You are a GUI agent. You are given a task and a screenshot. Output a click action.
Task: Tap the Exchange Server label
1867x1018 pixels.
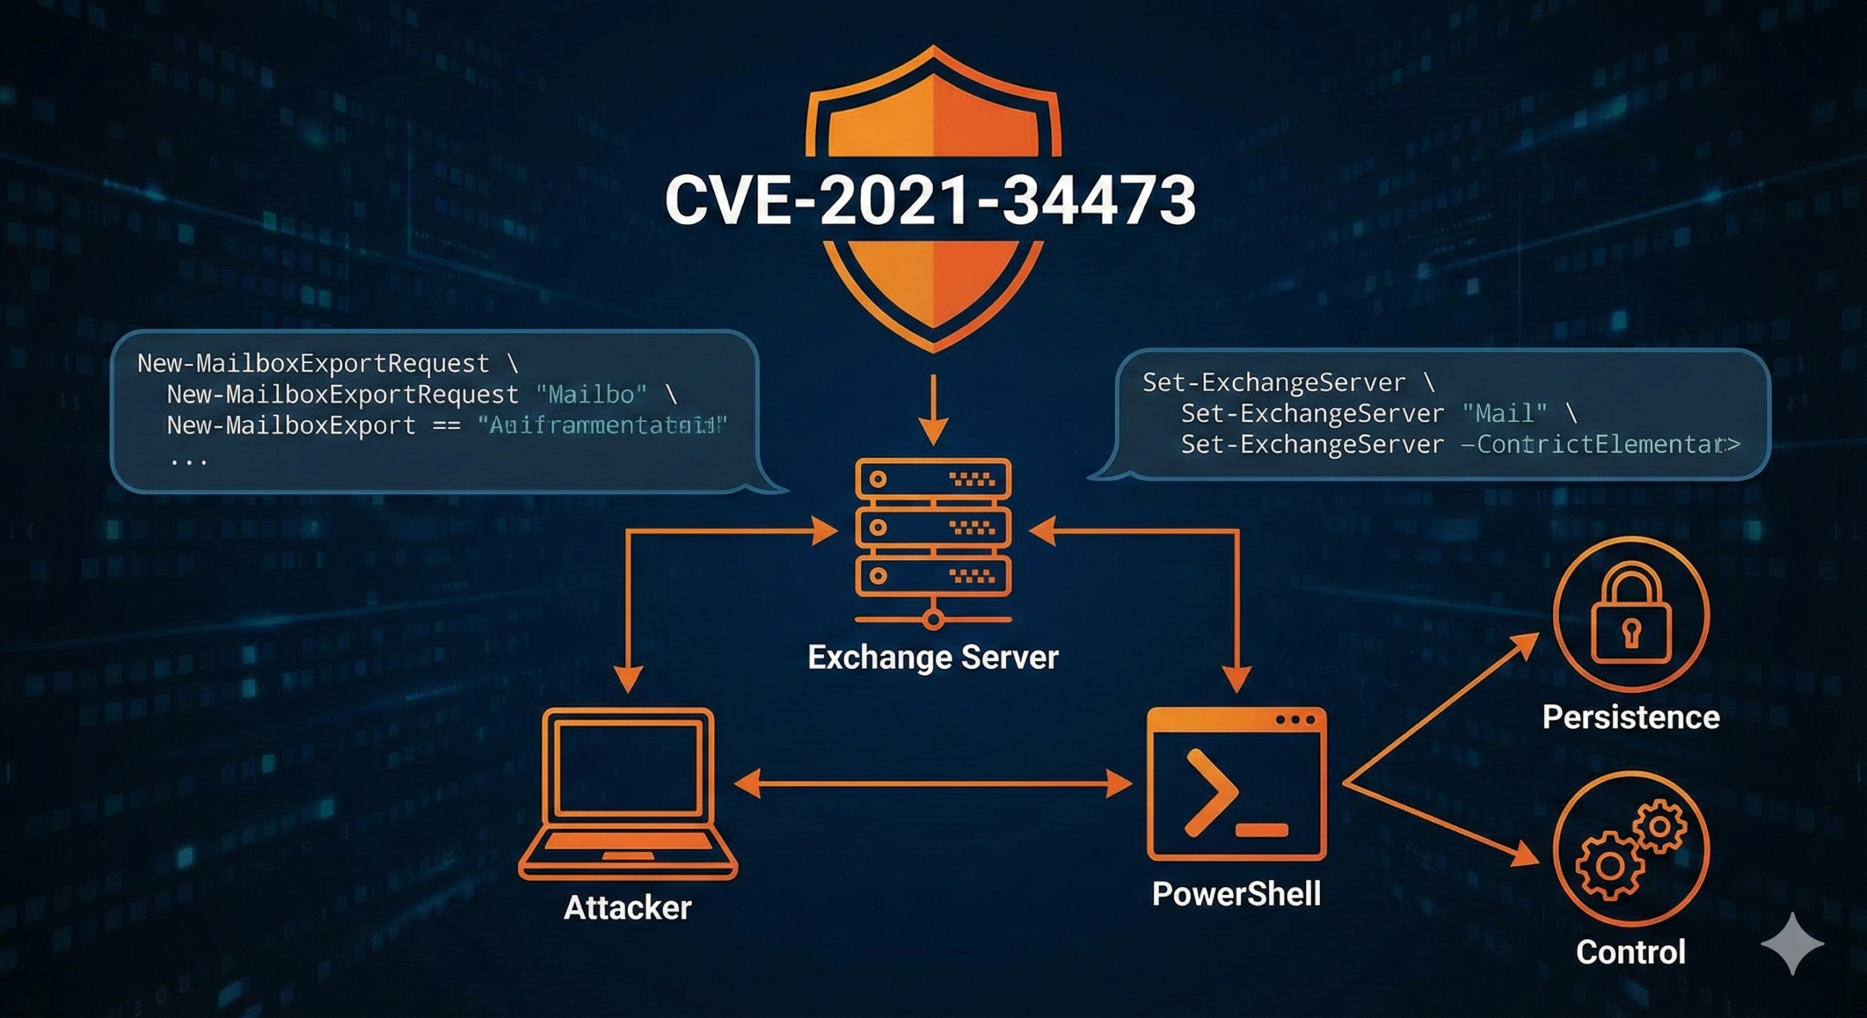click(x=933, y=657)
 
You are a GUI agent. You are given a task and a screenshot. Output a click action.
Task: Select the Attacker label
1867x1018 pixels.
click(x=627, y=908)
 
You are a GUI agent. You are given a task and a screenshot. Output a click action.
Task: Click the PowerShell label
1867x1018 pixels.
click(x=1236, y=894)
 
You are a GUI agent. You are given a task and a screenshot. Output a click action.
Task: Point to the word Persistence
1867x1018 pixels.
click(x=1631, y=717)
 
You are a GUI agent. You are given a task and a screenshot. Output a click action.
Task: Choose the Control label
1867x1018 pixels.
click(x=1631, y=952)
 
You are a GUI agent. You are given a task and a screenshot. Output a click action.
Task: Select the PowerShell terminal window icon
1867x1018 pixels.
click(x=1236, y=784)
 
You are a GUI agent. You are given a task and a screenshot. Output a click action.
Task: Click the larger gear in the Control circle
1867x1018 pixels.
click(x=1610, y=866)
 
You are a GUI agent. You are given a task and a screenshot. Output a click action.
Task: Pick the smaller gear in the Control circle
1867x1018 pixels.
click(x=1659, y=827)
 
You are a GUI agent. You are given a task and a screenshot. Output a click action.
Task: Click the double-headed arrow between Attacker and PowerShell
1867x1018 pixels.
click(x=933, y=784)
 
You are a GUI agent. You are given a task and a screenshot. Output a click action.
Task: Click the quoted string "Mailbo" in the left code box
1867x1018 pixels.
click(x=591, y=395)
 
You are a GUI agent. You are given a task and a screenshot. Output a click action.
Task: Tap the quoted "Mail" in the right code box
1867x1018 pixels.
click(x=1504, y=413)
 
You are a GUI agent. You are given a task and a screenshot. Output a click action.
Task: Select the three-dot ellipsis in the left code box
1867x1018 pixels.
click(x=189, y=461)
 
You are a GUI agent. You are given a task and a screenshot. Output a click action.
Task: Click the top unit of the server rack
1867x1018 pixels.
click(x=933, y=479)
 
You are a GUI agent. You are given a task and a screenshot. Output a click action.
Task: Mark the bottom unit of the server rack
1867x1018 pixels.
click(x=933, y=575)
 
